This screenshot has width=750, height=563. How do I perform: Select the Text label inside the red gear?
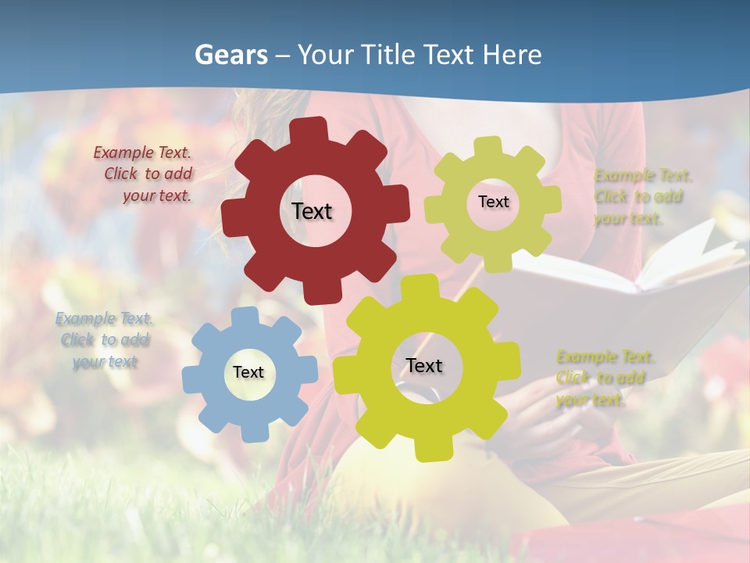(x=312, y=211)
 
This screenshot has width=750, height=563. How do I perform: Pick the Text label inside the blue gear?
(x=248, y=373)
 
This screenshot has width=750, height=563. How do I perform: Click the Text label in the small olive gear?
(x=494, y=202)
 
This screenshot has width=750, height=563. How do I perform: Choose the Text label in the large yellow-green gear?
(x=424, y=366)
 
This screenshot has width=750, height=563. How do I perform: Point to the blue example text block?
(x=105, y=340)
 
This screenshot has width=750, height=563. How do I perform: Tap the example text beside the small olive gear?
(x=643, y=197)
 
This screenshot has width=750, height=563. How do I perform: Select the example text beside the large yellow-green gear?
(x=605, y=378)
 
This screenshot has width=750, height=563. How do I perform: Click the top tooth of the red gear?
(x=313, y=128)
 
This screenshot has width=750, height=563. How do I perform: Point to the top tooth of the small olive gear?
(x=488, y=146)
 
